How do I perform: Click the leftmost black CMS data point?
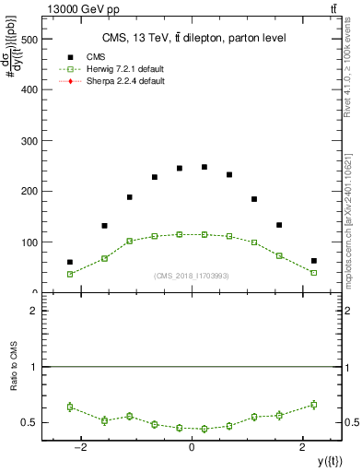point(70,262)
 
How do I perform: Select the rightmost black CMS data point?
point(313,261)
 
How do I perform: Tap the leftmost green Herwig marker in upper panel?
point(70,274)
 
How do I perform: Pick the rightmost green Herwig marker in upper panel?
point(313,273)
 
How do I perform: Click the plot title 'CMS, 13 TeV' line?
point(192,38)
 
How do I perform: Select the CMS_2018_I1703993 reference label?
point(192,276)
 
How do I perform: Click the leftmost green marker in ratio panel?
point(70,407)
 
